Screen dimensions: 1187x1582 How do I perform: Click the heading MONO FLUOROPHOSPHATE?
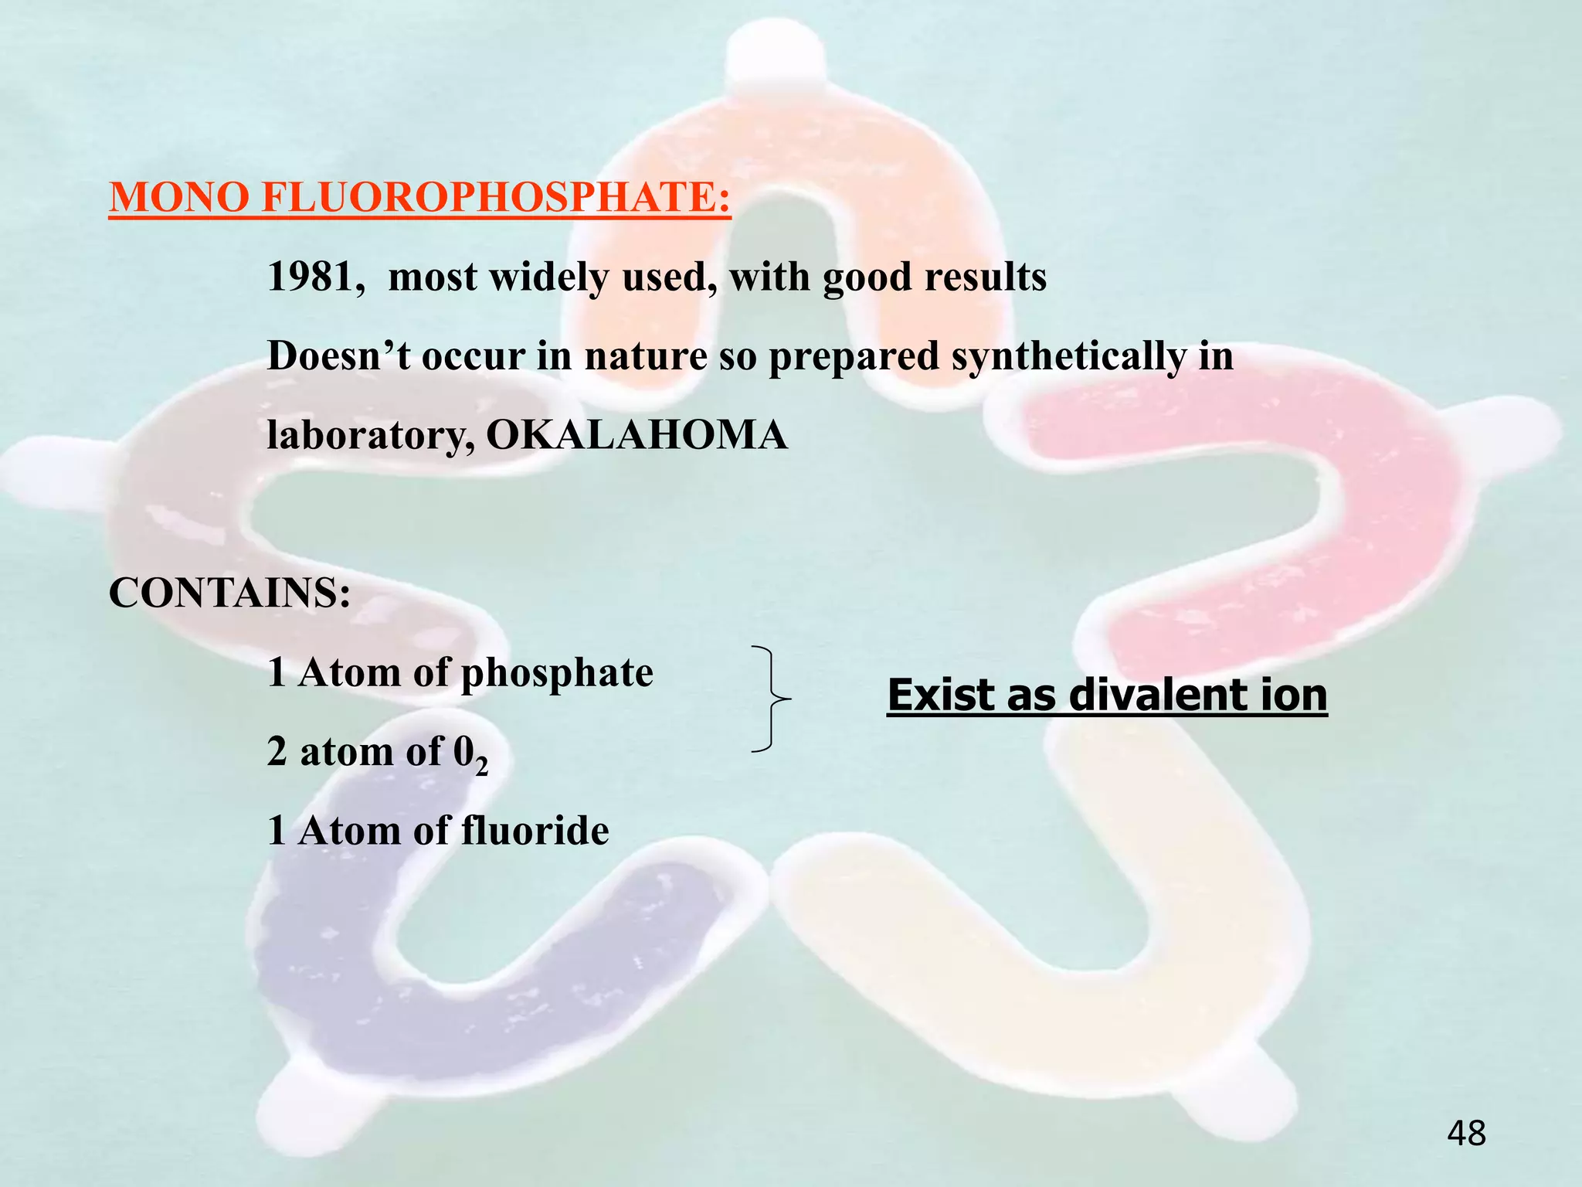[x=419, y=198]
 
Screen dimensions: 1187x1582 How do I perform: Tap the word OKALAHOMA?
[x=637, y=435]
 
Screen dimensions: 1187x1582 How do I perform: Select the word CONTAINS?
[x=229, y=593]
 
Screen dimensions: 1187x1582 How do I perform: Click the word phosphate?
[x=557, y=673]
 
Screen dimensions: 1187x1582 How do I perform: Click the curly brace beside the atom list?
[x=771, y=699]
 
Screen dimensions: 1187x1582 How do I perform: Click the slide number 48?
[x=1466, y=1134]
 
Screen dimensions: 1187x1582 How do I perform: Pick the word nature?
[x=646, y=356]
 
